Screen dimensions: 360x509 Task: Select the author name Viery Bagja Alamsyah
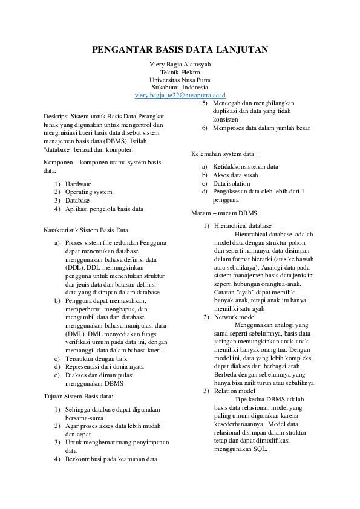pyautogui.click(x=180, y=64)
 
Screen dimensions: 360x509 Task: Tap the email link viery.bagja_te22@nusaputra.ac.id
pyautogui.click(x=180, y=95)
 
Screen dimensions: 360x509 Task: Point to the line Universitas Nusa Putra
pyautogui.click(x=180, y=79)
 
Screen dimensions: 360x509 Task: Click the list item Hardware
pyautogui.click(x=78, y=183)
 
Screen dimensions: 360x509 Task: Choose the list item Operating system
pyautogui.click(x=88, y=192)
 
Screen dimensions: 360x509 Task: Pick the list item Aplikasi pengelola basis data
pyautogui.click(x=104, y=209)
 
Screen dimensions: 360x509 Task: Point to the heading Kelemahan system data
pyautogui.click(x=224, y=154)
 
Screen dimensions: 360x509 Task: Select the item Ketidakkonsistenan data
pyautogui.click(x=245, y=166)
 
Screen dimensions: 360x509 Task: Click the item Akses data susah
pyautogui.click(x=235, y=175)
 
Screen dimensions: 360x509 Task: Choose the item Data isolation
pyautogui.click(x=231, y=183)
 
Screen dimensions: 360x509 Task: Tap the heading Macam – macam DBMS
pyautogui.click(x=226, y=213)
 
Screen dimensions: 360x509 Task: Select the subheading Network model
pyautogui.click(x=234, y=317)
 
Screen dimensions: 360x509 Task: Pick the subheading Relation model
pyautogui.click(x=235, y=391)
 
